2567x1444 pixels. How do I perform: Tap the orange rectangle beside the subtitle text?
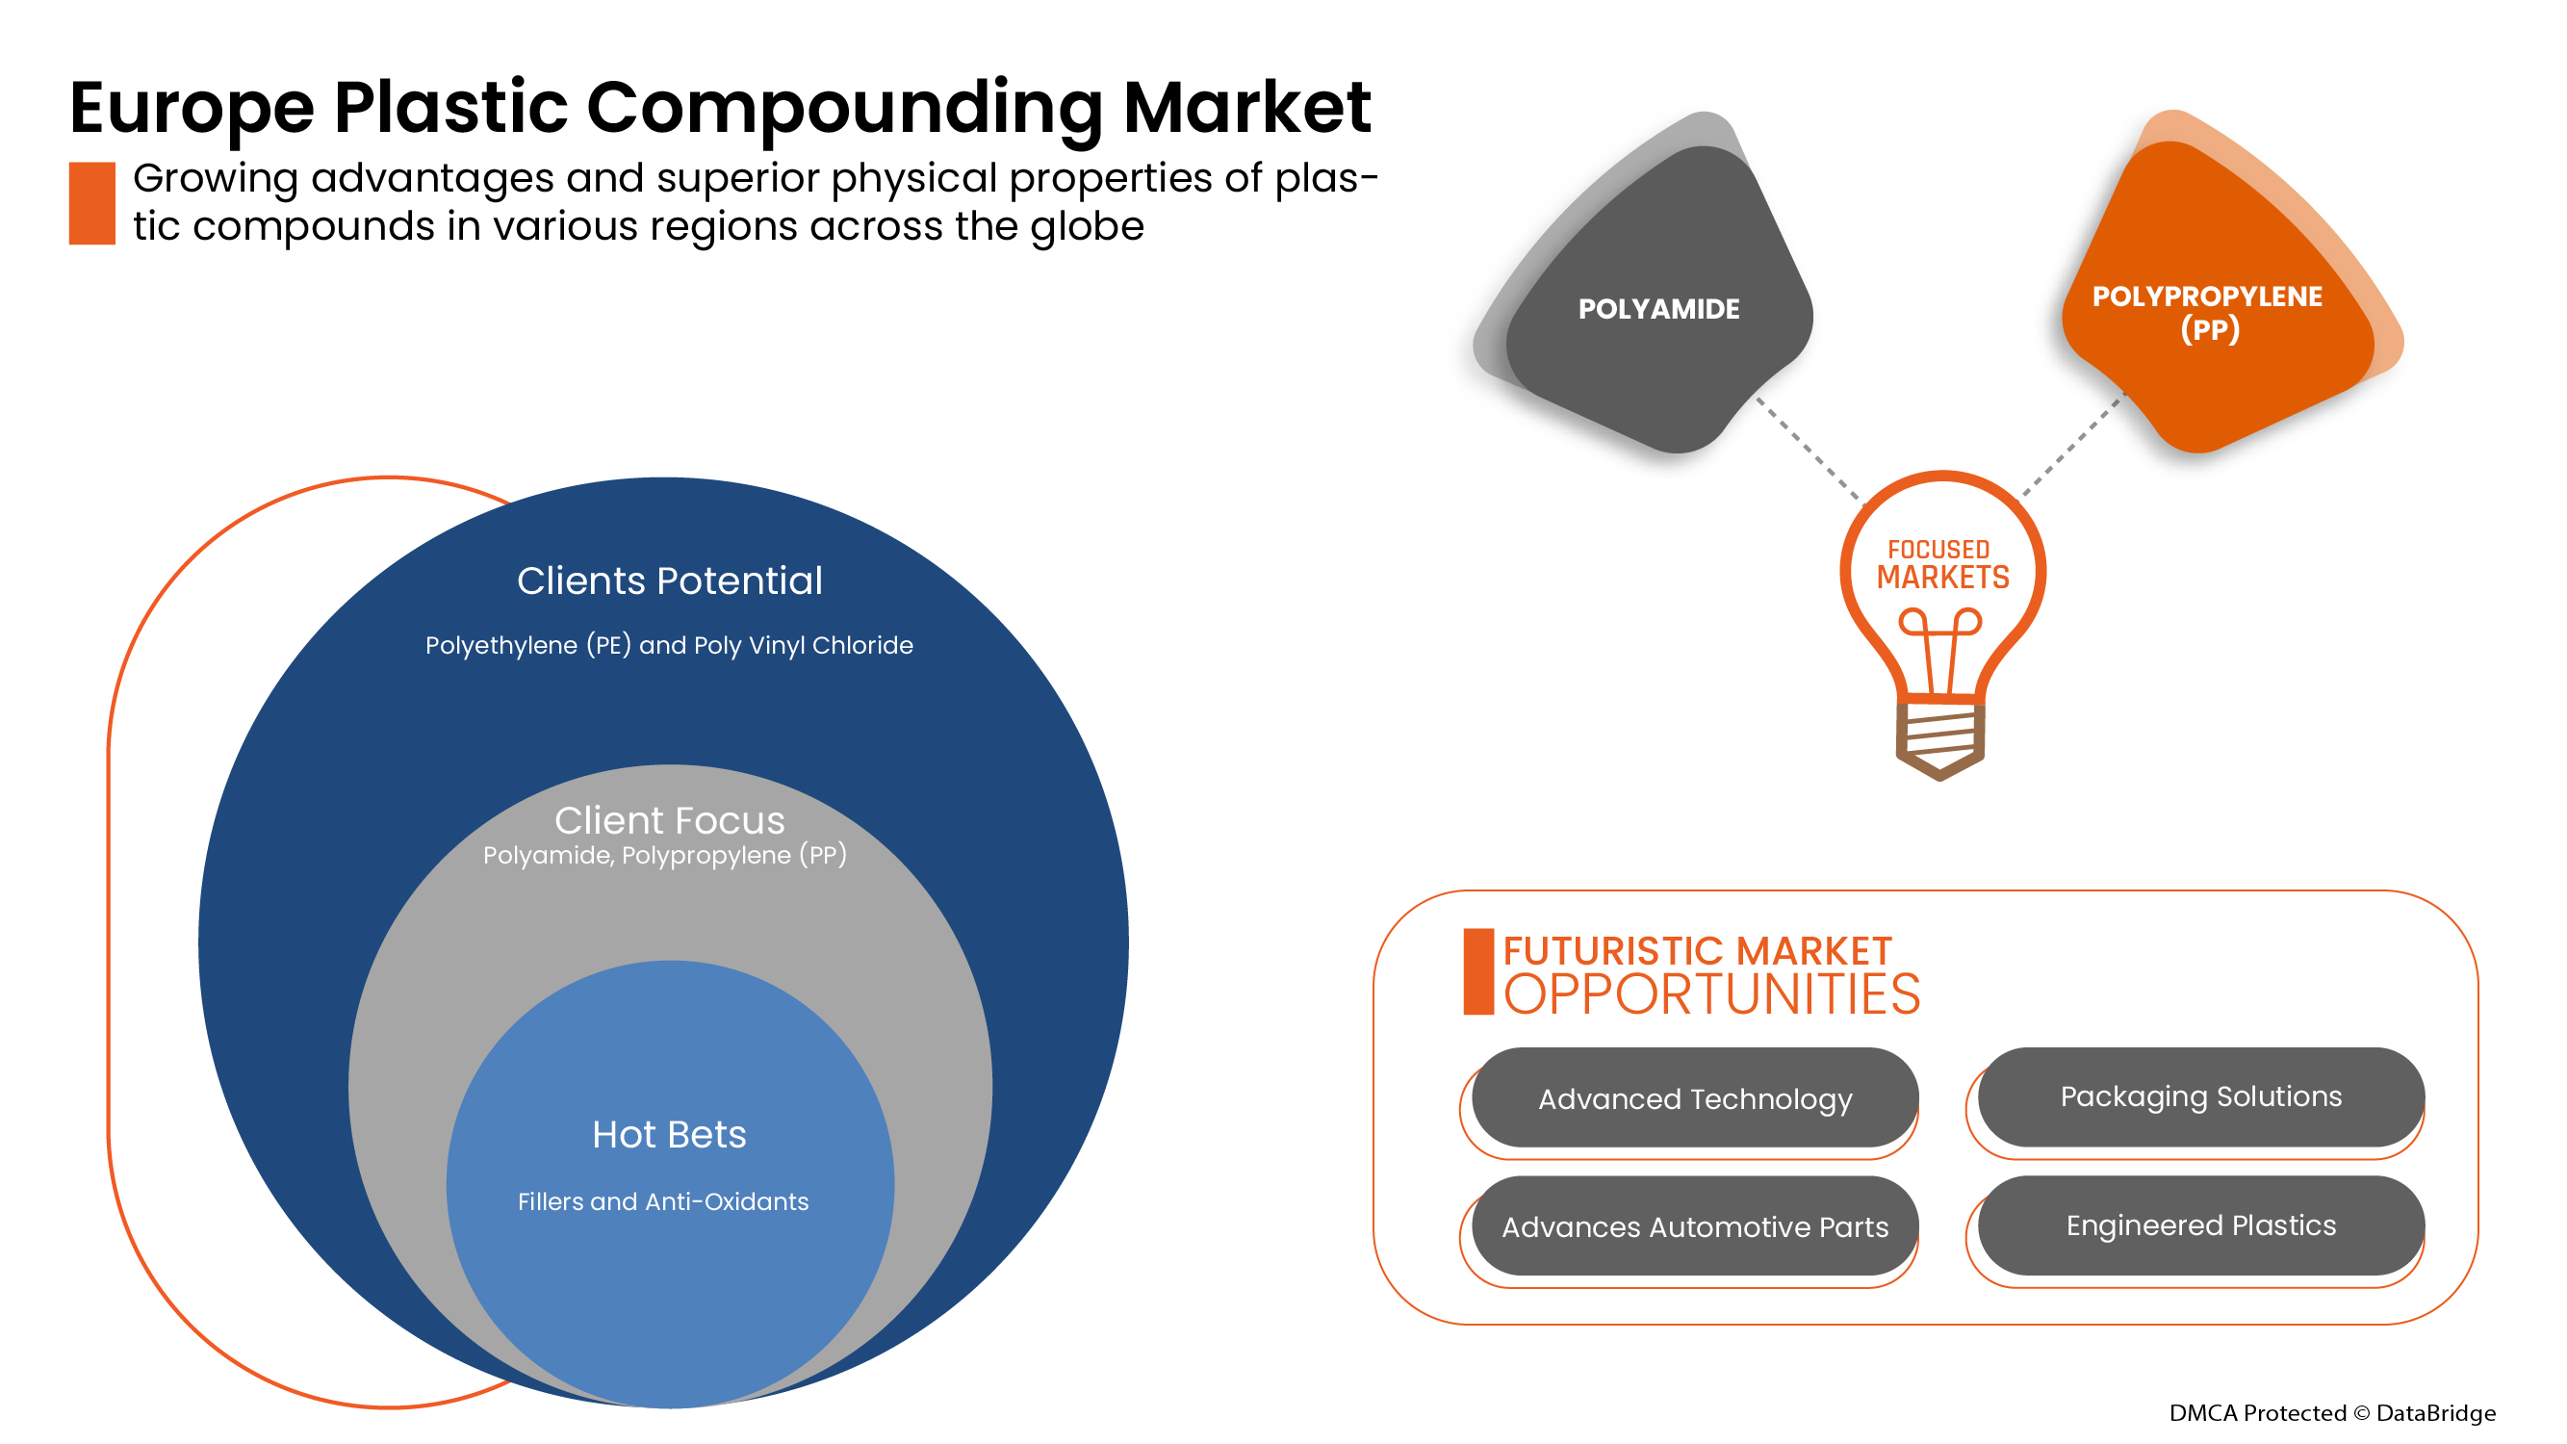tap(91, 202)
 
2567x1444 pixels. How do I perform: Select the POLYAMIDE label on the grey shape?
tap(1658, 309)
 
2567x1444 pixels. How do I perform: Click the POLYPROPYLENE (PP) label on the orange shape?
tap(2207, 312)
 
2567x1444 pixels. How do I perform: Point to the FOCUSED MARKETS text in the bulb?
tap(1942, 564)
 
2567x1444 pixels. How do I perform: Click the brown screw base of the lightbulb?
tap(1939, 739)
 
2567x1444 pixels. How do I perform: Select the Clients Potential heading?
tap(670, 581)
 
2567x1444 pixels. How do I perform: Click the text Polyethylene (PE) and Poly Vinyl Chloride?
tap(669, 646)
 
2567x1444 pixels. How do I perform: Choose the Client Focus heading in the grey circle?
tap(670, 820)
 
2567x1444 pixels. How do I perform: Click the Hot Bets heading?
tap(669, 1134)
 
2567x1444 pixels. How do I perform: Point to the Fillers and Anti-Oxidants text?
tap(662, 1201)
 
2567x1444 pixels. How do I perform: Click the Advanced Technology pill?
tap(1694, 1098)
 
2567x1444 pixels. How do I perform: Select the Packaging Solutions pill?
tap(2200, 1096)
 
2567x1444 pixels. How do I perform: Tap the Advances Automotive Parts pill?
tap(1694, 1226)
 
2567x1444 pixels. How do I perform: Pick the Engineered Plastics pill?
tap(2200, 1225)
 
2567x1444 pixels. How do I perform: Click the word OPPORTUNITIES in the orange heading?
tap(1711, 994)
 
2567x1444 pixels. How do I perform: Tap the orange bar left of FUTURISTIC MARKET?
tap(1477, 971)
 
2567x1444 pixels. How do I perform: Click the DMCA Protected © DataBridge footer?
tap(2332, 1413)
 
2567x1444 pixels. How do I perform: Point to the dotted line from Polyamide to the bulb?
tap(1809, 450)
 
